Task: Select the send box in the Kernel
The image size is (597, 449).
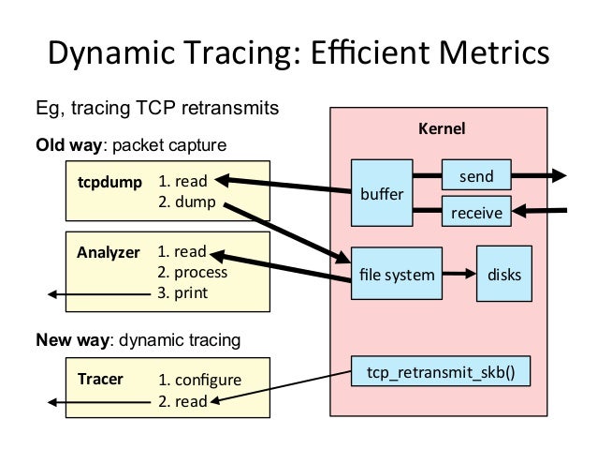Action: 476,174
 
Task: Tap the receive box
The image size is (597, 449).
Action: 476,213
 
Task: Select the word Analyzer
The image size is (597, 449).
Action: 108,252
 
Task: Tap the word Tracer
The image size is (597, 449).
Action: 99,380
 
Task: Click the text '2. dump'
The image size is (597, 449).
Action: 186,201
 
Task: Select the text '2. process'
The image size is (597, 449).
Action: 193,273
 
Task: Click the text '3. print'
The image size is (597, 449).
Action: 182,293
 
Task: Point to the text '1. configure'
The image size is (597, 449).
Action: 199,381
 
